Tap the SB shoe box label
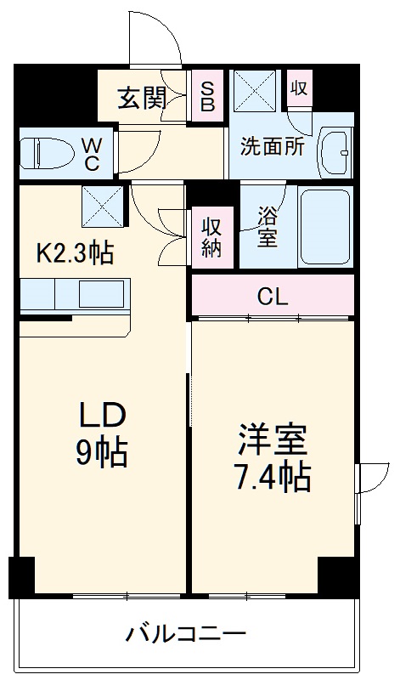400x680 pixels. (207, 94)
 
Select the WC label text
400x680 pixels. (92, 153)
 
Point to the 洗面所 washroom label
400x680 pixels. (272, 145)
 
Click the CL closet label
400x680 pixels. (273, 297)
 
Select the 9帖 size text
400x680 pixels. (103, 452)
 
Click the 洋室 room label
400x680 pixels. (272, 441)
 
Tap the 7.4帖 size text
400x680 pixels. (272, 479)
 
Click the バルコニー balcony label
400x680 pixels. (187, 633)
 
